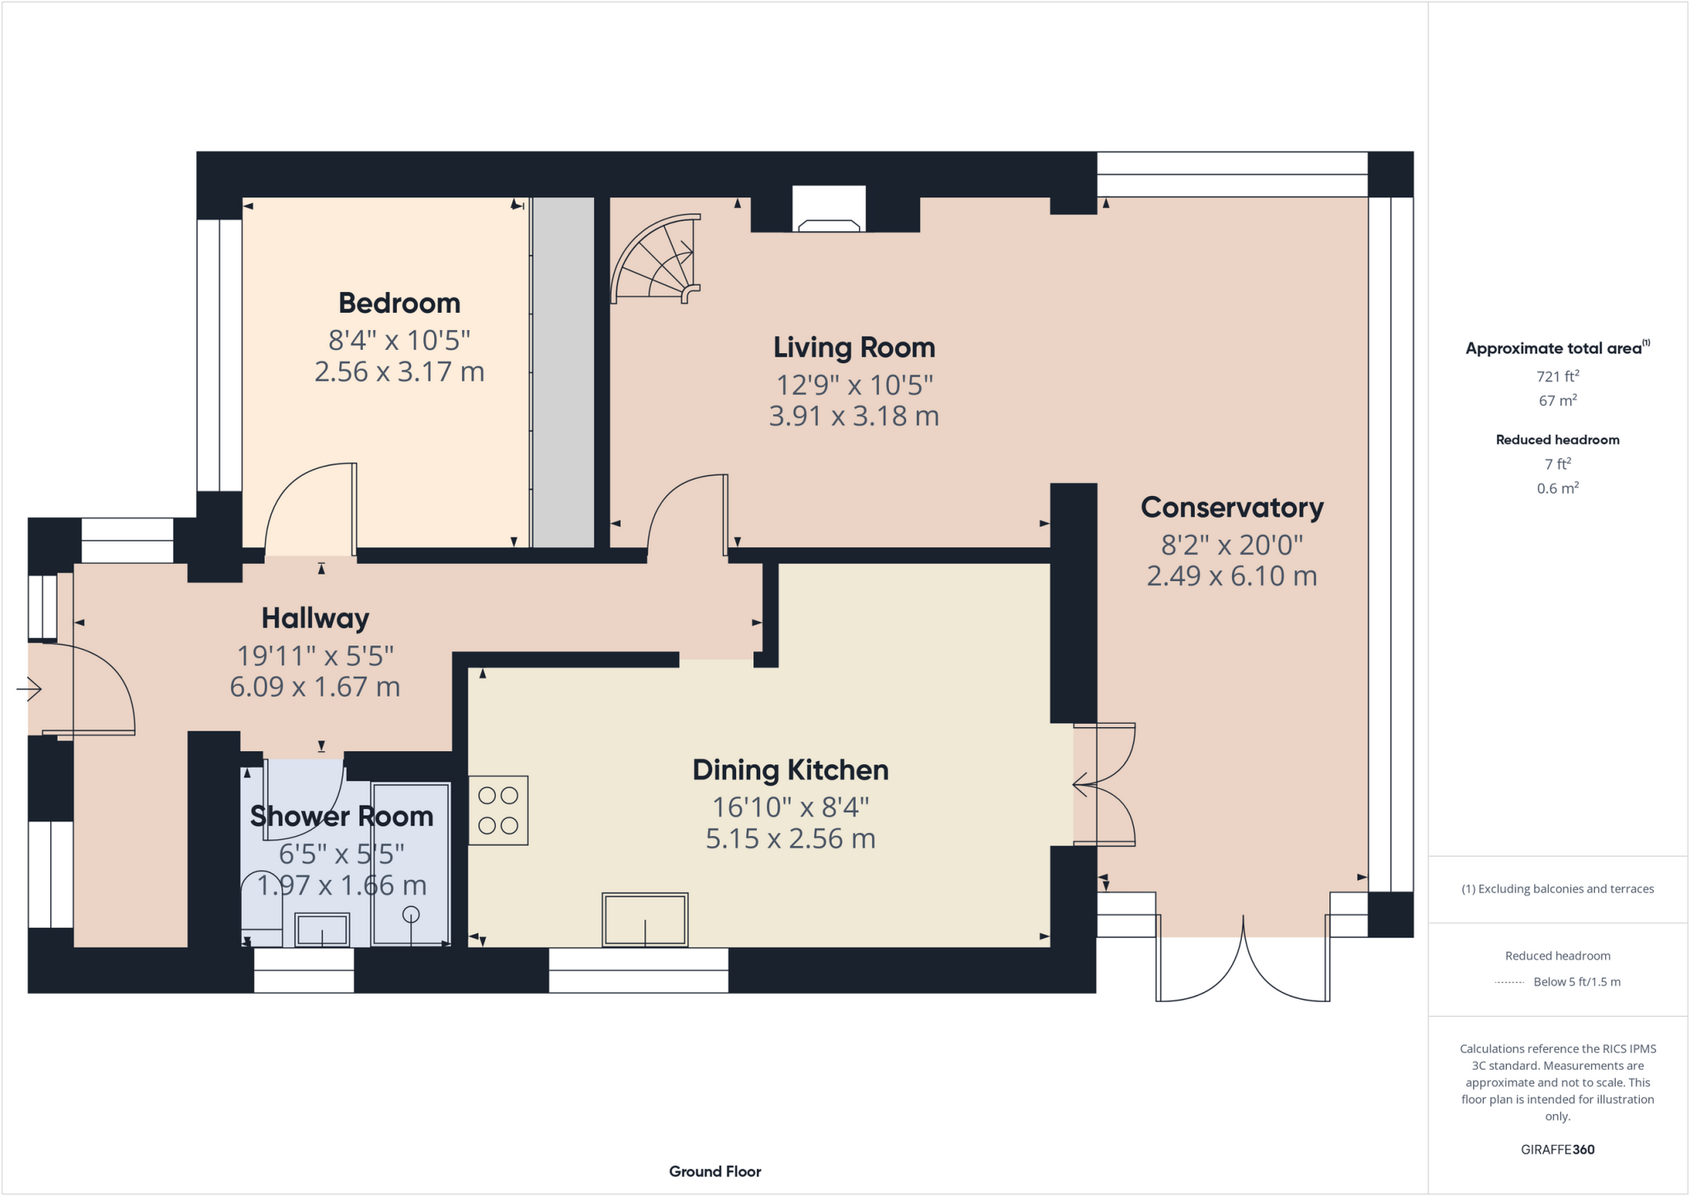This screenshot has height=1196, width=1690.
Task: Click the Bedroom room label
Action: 399,304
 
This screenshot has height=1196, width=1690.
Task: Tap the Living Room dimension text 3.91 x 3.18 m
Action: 854,416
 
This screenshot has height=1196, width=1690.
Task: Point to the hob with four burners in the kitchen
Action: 498,811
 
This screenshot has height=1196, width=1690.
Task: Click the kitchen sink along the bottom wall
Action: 645,919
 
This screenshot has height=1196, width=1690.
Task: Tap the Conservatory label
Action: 1232,508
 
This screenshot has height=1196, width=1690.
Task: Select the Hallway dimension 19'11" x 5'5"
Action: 315,656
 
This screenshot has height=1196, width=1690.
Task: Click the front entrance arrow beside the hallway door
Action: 30,688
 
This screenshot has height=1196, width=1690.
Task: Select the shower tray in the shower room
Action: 410,864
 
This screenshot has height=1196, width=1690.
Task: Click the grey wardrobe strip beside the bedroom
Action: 563,372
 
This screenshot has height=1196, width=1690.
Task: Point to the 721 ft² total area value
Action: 1557,376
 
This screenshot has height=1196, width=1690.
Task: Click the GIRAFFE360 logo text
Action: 1557,1150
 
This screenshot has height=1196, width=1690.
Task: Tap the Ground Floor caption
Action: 715,1172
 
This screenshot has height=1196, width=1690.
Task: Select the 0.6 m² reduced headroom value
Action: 1557,489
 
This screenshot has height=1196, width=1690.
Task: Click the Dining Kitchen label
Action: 791,770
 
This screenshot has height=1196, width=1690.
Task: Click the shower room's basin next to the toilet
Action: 322,930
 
